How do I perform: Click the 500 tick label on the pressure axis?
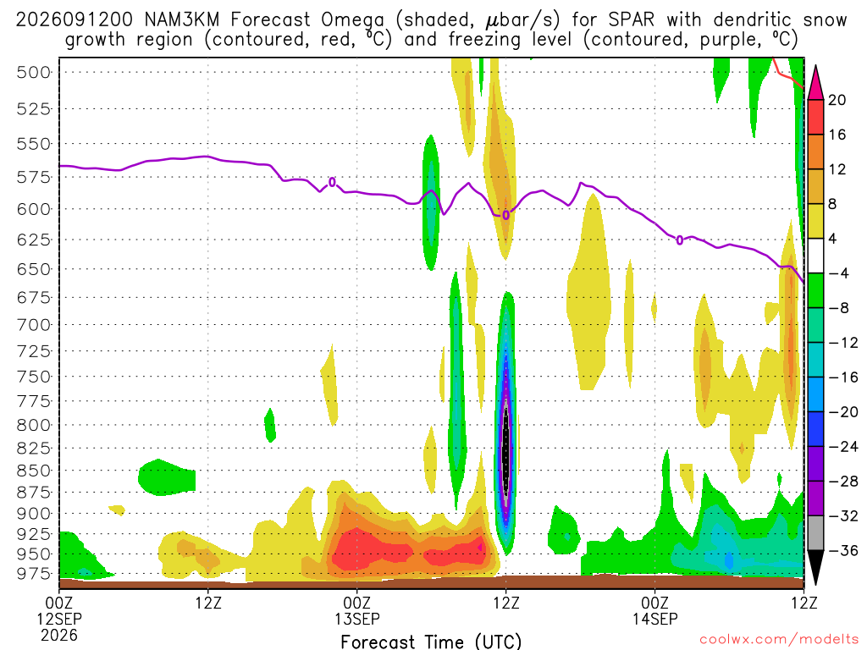click(33, 73)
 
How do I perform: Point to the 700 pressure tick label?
click(33, 324)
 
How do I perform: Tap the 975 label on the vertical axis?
click(33, 574)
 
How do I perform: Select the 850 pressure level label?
click(33, 471)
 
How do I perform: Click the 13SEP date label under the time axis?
click(356, 619)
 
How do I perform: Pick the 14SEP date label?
click(655, 619)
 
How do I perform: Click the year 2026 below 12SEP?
click(59, 635)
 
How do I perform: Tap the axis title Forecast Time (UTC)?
click(431, 642)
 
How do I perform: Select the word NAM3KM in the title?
click(181, 20)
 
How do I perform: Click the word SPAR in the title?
click(631, 20)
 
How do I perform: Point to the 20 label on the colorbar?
click(837, 100)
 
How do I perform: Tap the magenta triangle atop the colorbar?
click(815, 83)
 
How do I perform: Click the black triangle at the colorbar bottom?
click(815, 567)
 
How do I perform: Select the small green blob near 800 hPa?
click(270, 426)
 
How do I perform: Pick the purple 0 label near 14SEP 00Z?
click(680, 240)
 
